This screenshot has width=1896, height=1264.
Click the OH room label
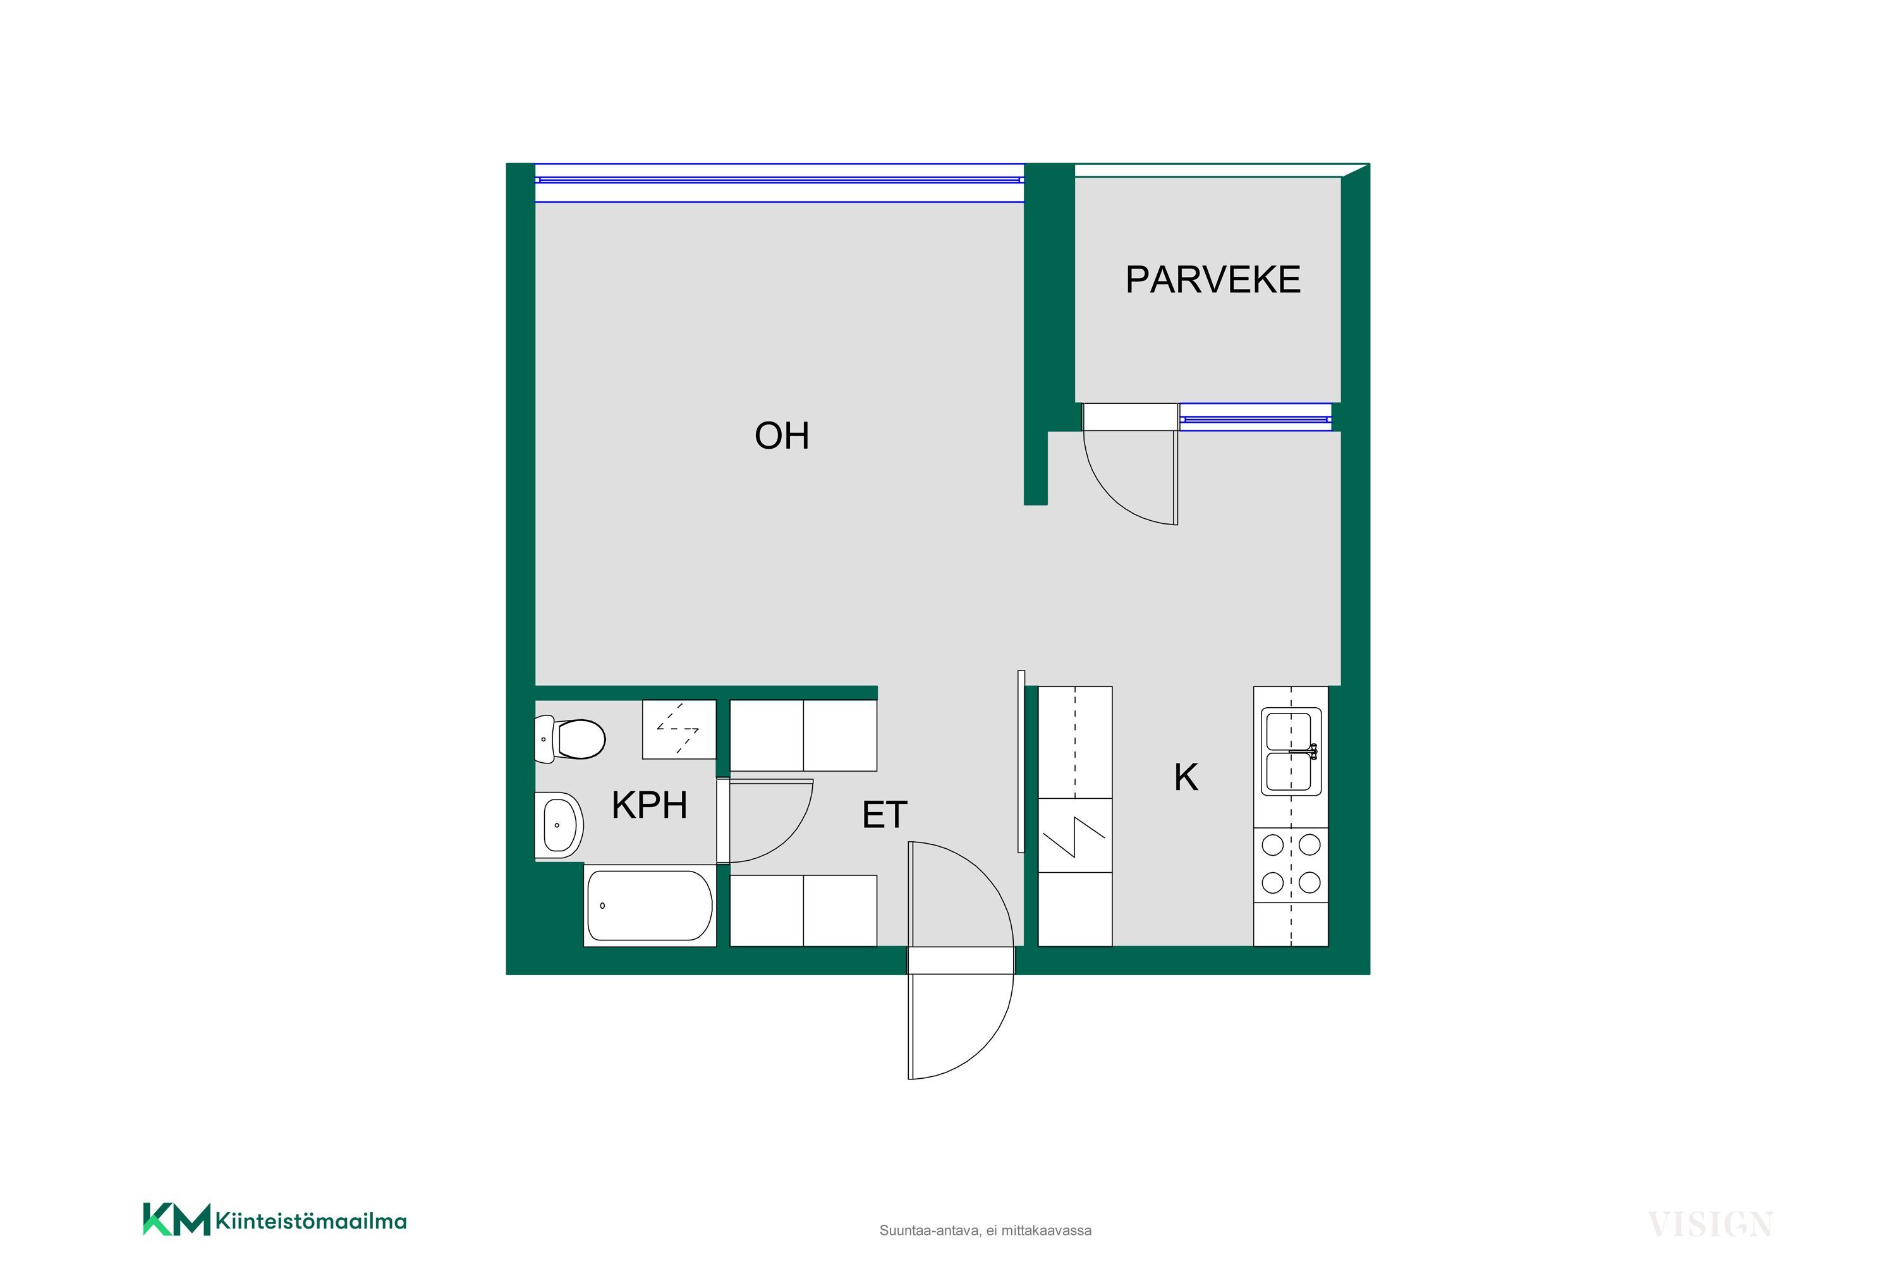pyautogui.click(x=781, y=436)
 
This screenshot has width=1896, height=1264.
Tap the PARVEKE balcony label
pyautogui.click(x=1212, y=280)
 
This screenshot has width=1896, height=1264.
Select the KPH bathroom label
pyautogui.click(x=649, y=805)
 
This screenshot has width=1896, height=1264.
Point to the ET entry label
pyautogui.click(x=884, y=815)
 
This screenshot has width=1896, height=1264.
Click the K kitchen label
pyautogui.click(x=1186, y=777)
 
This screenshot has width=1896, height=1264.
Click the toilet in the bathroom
pyautogui.click(x=570, y=738)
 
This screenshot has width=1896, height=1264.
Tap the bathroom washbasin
pyautogui.click(x=559, y=825)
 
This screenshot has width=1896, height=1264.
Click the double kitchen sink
pyautogui.click(x=1291, y=751)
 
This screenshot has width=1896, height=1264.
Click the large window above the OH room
pyautogui.click(x=779, y=183)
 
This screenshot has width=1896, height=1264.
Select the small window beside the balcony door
pyautogui.click(x=1255, y=418)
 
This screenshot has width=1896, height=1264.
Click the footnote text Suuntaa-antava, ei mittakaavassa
pyautogui.click(x=985, y=1230)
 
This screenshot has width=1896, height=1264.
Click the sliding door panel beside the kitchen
pyautogui.click(x=1021, y=761)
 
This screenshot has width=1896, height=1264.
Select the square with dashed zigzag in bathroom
pyautogui.click(x=679, y=729)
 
